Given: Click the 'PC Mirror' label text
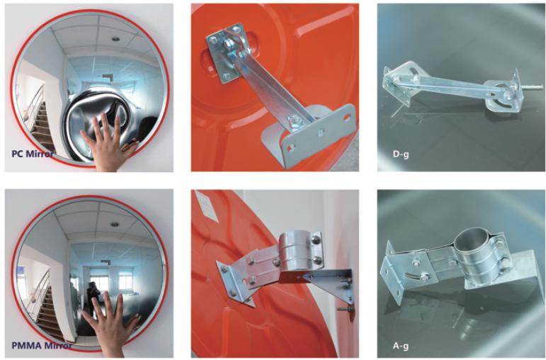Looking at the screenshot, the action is [x=33, y=154].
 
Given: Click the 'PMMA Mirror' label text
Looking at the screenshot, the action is [x=42, y=346].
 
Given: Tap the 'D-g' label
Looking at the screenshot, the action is [x=401, y=154].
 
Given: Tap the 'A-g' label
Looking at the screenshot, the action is [x=401, y=346].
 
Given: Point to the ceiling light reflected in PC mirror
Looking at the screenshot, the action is [x=115, y=38].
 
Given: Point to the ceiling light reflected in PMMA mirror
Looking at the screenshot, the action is [x=115, y=224].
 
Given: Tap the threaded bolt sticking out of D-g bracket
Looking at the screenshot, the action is [x=531, y=87].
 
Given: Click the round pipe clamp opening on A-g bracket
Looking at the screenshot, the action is [x=470, y=244].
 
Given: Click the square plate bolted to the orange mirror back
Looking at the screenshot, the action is [x=225, y=53].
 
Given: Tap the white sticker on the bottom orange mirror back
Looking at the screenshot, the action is [x=206, y=206].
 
